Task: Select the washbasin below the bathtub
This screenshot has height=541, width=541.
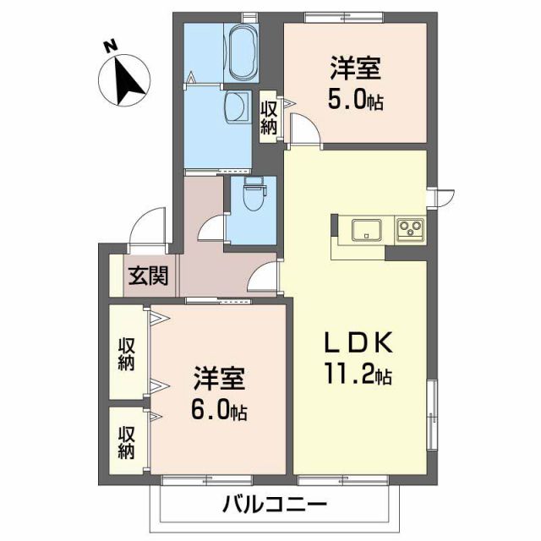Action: [x=238, y=105]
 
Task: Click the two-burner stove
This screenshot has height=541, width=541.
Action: [x=410, y=228]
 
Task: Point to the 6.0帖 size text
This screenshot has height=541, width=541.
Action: [x=217, y=412]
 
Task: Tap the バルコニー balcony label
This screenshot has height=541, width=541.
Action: [x=275, y=506]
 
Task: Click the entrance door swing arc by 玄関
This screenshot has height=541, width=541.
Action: [x=145, y=223]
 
